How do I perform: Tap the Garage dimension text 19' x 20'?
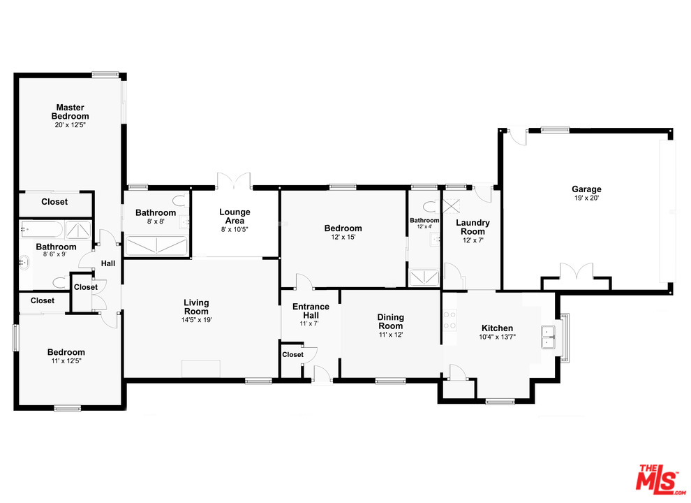[x=586, y=198]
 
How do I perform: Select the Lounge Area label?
[x=235, y=217]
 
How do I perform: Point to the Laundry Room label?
[x=473, y=227]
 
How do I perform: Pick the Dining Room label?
[x=391, y=322]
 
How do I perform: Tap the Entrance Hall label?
[x=310, y=311]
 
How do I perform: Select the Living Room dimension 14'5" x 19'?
[x=196, y=320]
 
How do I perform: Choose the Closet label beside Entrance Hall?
[x=292, y=355]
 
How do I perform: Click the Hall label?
[x=108, y=263]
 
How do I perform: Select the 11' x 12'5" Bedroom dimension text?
[x=66, y=362]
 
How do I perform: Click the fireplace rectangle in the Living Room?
[x=201, y=369]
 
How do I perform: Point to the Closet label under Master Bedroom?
[x=54, y=202]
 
